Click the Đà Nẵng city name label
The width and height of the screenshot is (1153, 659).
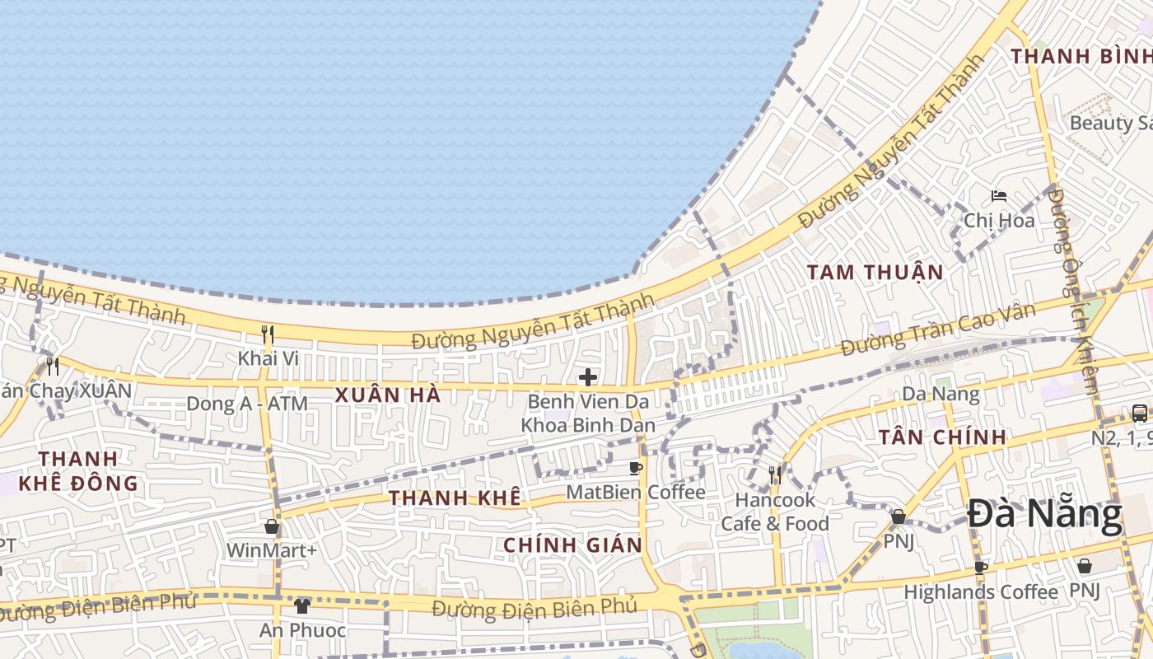1044,516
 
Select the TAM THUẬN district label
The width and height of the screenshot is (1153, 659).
875,272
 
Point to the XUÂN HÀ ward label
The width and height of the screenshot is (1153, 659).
388,395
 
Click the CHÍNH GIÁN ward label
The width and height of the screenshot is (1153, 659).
572,544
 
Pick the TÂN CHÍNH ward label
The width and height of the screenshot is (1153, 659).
942,437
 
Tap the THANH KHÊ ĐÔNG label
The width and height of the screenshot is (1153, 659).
78,470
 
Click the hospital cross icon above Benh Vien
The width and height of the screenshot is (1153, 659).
587,377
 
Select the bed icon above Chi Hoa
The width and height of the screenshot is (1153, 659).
999,196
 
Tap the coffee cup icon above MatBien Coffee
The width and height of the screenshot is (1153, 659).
636,469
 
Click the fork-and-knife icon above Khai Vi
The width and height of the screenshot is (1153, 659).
268,334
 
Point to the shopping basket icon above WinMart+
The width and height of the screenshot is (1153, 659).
272,526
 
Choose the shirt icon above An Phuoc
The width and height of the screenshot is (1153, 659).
302,606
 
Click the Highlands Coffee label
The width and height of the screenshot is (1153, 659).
980,591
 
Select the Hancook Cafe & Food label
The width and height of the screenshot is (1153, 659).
774,512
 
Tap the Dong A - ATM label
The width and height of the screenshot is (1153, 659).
247,404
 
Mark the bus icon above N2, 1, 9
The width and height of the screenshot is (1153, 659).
1140,413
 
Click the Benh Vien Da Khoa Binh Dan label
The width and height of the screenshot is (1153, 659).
588,414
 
